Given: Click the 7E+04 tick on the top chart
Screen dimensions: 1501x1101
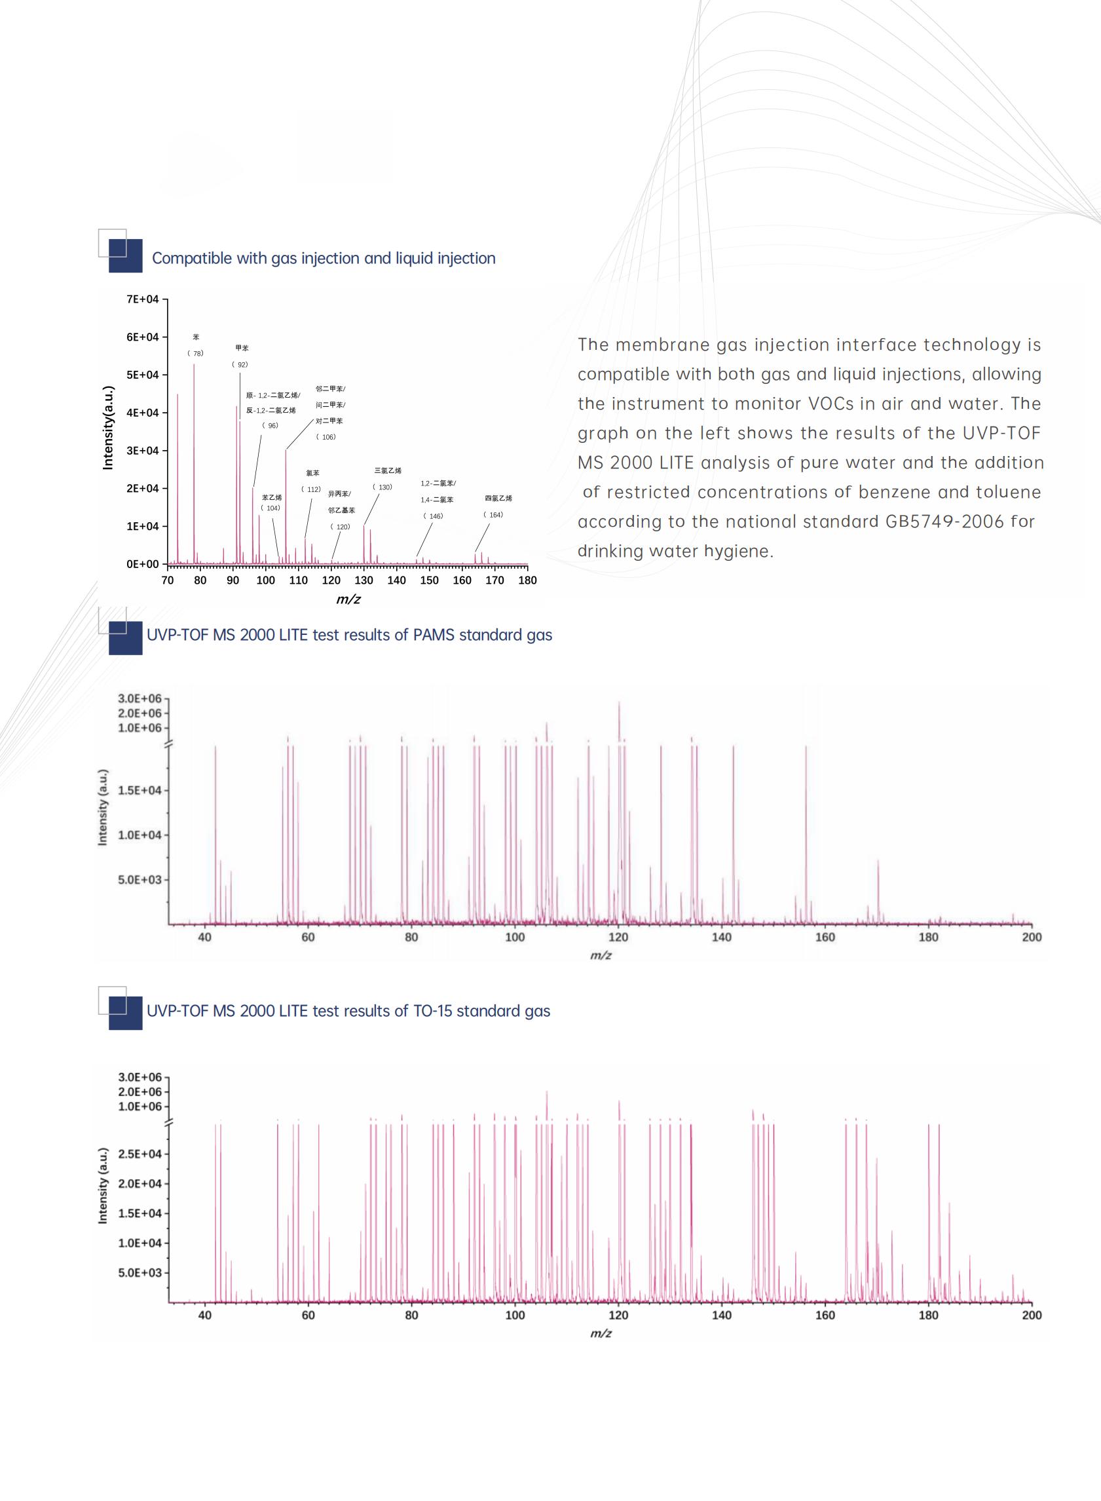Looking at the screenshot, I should coord(143,299).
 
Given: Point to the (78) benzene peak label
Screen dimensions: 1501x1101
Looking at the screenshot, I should coord(195,353).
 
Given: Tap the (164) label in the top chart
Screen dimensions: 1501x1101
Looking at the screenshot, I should coord(493,514).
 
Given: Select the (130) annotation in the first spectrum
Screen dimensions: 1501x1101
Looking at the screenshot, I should coord(383,487).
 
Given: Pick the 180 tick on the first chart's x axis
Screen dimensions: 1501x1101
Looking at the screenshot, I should coord(527,580).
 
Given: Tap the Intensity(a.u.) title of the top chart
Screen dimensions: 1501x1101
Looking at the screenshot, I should coord(108,428).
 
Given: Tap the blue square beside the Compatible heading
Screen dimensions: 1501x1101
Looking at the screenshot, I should coord(125,256).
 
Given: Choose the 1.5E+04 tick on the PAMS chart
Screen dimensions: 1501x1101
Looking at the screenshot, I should coord(140,791).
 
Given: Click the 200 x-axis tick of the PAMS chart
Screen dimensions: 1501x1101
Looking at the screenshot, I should coord(1031,937).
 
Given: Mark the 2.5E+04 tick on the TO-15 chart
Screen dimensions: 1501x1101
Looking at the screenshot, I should coord(140,1154).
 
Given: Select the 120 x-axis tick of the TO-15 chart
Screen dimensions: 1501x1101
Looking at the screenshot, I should coord(618,1315).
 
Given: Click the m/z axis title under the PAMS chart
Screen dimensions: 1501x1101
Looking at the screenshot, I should coord(601,956).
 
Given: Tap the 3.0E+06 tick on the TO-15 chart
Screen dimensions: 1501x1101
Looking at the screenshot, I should coord(140,1077).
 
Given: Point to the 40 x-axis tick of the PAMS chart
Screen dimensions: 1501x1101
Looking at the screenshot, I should coord(204,937).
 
